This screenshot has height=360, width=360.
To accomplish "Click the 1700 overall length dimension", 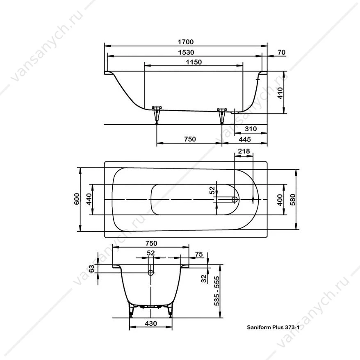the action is point(185,42).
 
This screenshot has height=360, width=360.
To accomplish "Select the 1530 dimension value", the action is point(186,52).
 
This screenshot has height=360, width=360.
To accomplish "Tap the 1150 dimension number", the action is point(194,62).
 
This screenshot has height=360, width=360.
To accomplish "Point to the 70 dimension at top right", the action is point(281,52).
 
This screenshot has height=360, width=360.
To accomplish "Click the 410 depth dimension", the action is point(280,93).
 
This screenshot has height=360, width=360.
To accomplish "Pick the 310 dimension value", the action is point(251,129).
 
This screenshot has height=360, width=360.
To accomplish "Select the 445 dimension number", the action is point(245,139).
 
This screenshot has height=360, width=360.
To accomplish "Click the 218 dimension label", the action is point(244,151).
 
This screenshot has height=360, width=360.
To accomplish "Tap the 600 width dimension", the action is point(77,199).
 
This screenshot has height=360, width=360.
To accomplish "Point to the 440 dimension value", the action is point(89,199).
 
